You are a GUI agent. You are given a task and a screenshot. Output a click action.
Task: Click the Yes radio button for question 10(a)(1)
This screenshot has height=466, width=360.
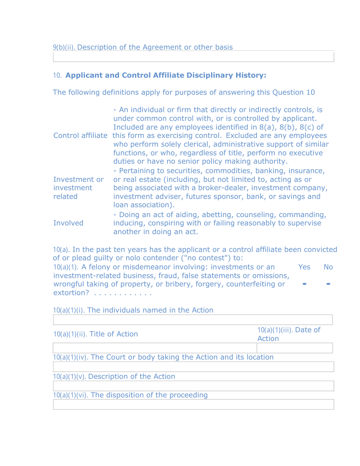pos(304,284)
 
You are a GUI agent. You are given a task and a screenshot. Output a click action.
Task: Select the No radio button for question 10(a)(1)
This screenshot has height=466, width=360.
pos(328,284)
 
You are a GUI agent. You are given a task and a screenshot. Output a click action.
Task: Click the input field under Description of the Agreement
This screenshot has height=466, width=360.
pos(193,57)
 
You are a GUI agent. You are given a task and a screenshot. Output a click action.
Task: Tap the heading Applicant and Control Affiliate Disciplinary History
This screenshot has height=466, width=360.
pos(166,75)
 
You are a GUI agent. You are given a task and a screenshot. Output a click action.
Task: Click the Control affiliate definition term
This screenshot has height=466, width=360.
pos(80,136)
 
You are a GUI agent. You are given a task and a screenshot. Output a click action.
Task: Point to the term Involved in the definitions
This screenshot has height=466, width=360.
pos(68,223)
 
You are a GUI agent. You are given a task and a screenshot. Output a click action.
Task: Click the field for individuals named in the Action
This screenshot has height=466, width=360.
pos(193,320)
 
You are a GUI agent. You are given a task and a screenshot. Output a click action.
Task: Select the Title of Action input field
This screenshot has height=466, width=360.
pos(155,348)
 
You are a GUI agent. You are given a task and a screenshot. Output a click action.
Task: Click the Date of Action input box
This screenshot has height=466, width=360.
pos(294,348)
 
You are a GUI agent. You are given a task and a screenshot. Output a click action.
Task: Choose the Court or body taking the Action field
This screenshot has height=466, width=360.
pos(193,367)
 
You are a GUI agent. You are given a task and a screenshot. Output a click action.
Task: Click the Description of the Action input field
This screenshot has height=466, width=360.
pos(193,386)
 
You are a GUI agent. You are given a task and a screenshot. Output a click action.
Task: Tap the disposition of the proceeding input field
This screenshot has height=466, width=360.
pos(193,404)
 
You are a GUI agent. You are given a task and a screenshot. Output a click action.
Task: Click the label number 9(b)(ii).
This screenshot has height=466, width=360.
pos(64,47)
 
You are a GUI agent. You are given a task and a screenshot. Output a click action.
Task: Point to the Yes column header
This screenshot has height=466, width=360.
pos(304,267)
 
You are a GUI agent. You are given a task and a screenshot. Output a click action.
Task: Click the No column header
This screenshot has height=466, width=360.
pos(328,267)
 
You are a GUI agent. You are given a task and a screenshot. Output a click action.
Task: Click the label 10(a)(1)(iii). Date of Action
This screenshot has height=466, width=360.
pos(289,334)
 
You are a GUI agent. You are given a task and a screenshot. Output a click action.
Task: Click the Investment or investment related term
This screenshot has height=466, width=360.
pos(78,188)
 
